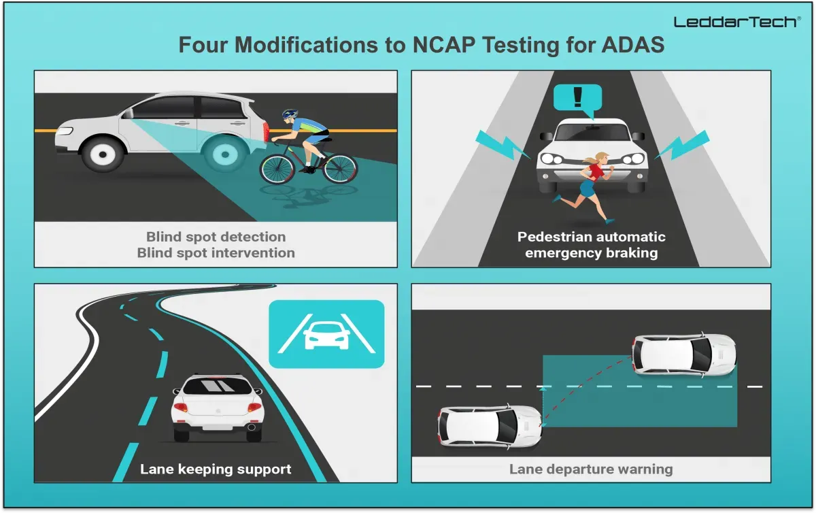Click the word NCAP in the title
(443, 45)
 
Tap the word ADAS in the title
(633, 45)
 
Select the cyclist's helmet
(290, 114)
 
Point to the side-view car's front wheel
(103, 154)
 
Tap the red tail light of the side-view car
(266, 131)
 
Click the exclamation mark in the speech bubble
(577, 97)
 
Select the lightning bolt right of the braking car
(682, 145)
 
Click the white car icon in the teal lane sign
(326, 336)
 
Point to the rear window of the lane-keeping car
(218, 386)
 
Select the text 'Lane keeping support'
(216, 469)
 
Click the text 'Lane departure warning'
(591, 469)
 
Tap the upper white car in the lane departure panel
(685, 354)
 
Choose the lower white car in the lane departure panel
(490, 426)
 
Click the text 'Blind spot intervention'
(216, 252)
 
